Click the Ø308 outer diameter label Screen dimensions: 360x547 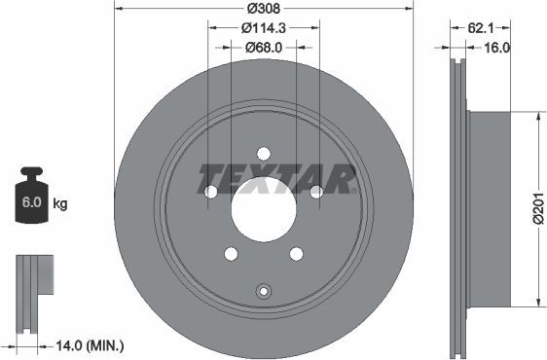[265, 9]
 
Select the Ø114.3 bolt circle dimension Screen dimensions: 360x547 [265, 28]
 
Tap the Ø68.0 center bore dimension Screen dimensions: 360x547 [265, 47]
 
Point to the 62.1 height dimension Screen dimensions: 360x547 [478, 28]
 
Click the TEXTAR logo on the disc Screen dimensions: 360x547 [276, 178]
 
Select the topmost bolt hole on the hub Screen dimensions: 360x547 [264, 152]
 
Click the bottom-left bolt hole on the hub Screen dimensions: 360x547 [231, 254]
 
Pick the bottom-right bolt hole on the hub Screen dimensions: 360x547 [296, 254]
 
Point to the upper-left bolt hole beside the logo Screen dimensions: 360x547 [210, 192]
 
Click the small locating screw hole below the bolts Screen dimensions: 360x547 [263, 290]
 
